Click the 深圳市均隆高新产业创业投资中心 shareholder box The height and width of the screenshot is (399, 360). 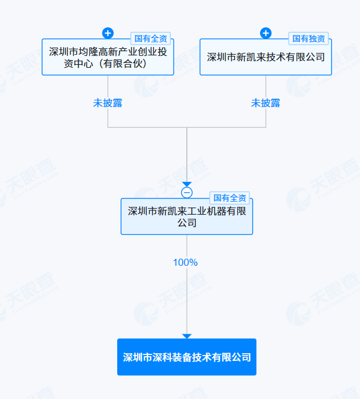point(108,57)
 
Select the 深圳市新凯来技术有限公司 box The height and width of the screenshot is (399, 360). point(265,57)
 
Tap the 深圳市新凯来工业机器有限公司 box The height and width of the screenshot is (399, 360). point(187,216)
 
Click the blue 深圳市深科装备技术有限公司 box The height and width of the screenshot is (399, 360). point(187,357)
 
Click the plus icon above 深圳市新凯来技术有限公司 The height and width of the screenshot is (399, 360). point(266,33)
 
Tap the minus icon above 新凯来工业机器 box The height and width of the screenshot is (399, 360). point(187,192)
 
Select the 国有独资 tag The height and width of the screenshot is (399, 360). point(309,39)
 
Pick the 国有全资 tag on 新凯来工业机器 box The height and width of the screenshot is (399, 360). point(230,198)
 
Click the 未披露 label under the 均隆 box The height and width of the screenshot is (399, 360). point(108,103)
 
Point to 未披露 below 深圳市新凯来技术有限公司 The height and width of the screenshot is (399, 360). point(265,103)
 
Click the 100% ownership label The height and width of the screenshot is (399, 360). point(185,262)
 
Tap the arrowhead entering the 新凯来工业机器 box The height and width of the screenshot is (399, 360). point(187,184)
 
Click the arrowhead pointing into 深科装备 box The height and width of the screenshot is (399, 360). point(187,336)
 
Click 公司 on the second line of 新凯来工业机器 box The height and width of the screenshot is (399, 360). point(187,223)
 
